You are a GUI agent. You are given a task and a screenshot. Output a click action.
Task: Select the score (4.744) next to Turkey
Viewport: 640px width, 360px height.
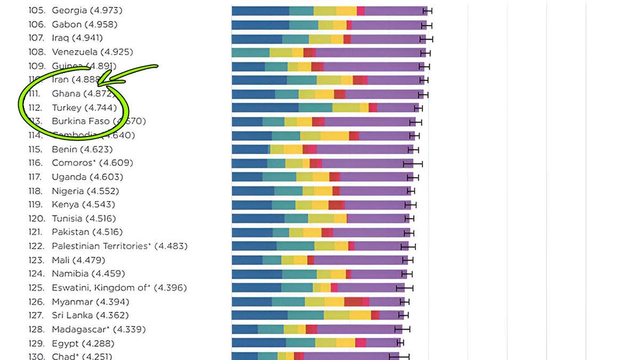(x=100, y=107)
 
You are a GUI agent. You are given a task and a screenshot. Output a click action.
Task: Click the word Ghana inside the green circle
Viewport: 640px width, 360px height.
(x=66, y=93)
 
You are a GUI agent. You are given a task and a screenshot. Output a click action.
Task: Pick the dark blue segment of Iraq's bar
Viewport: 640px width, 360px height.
(x=257, y=38)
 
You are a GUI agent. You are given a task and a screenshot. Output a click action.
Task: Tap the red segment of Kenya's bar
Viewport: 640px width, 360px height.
(x=336, y=205)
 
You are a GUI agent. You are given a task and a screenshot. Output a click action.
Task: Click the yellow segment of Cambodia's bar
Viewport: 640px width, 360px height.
(x=334, y=135)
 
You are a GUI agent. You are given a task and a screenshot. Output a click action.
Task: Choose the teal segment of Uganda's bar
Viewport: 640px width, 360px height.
(x=279, y=177)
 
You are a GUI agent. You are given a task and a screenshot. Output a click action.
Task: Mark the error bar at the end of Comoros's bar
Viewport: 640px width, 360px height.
(x=413, y=163)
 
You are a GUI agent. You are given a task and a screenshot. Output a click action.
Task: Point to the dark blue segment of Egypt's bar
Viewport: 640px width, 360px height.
(x=259, y=343)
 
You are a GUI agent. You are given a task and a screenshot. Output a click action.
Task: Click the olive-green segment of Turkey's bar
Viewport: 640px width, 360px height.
(x=346, y=108)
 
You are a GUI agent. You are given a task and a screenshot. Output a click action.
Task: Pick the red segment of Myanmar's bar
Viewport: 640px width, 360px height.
(x=353, y=302)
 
